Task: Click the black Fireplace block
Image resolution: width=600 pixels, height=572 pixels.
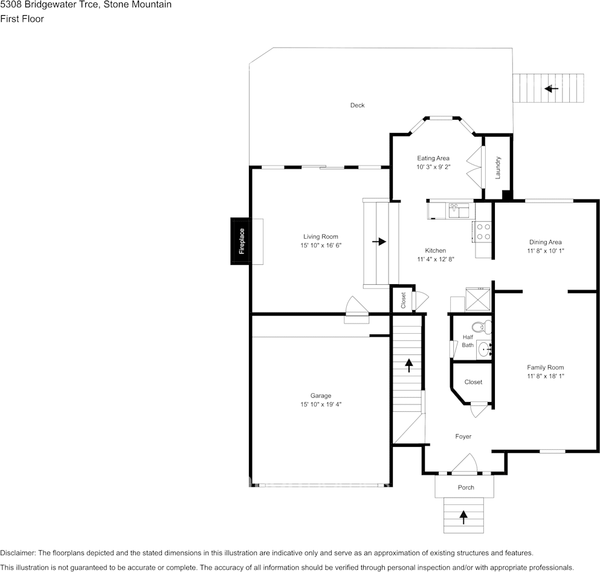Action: coord(240,241)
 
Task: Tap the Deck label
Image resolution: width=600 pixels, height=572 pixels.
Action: coord(357,105)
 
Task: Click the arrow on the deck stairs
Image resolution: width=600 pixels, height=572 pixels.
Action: coord(552,89)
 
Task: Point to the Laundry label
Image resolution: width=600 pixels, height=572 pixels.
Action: coord(498,167)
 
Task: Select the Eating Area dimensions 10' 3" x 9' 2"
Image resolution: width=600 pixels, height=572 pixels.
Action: coord(433,167)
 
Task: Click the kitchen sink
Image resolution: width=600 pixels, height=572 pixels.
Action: coord(459,210)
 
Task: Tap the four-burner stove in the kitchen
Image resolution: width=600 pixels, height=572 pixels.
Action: coord(483,232)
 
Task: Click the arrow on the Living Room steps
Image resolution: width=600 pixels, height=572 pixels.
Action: coord(379,242)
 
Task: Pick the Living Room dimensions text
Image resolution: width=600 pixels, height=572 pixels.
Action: coord(321,245)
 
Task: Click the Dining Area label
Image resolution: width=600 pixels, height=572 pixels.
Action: coord(545,242)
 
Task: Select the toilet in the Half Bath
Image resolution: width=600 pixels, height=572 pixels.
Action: coord(482,327)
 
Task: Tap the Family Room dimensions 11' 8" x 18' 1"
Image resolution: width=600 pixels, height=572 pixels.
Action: coord(545,376)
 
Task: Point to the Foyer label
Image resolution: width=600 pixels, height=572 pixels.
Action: coord(463,437)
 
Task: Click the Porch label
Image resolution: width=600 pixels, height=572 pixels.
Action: coord(466,487)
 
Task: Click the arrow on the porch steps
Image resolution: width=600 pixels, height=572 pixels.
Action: coord(463,517)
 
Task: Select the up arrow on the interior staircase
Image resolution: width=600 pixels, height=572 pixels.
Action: coord(409,365)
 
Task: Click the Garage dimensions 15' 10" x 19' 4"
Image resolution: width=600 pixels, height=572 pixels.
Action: coord(321,405)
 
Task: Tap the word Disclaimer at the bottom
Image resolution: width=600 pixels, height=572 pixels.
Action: coord(18,553)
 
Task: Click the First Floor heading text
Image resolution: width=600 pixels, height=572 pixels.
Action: coord(22,19)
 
